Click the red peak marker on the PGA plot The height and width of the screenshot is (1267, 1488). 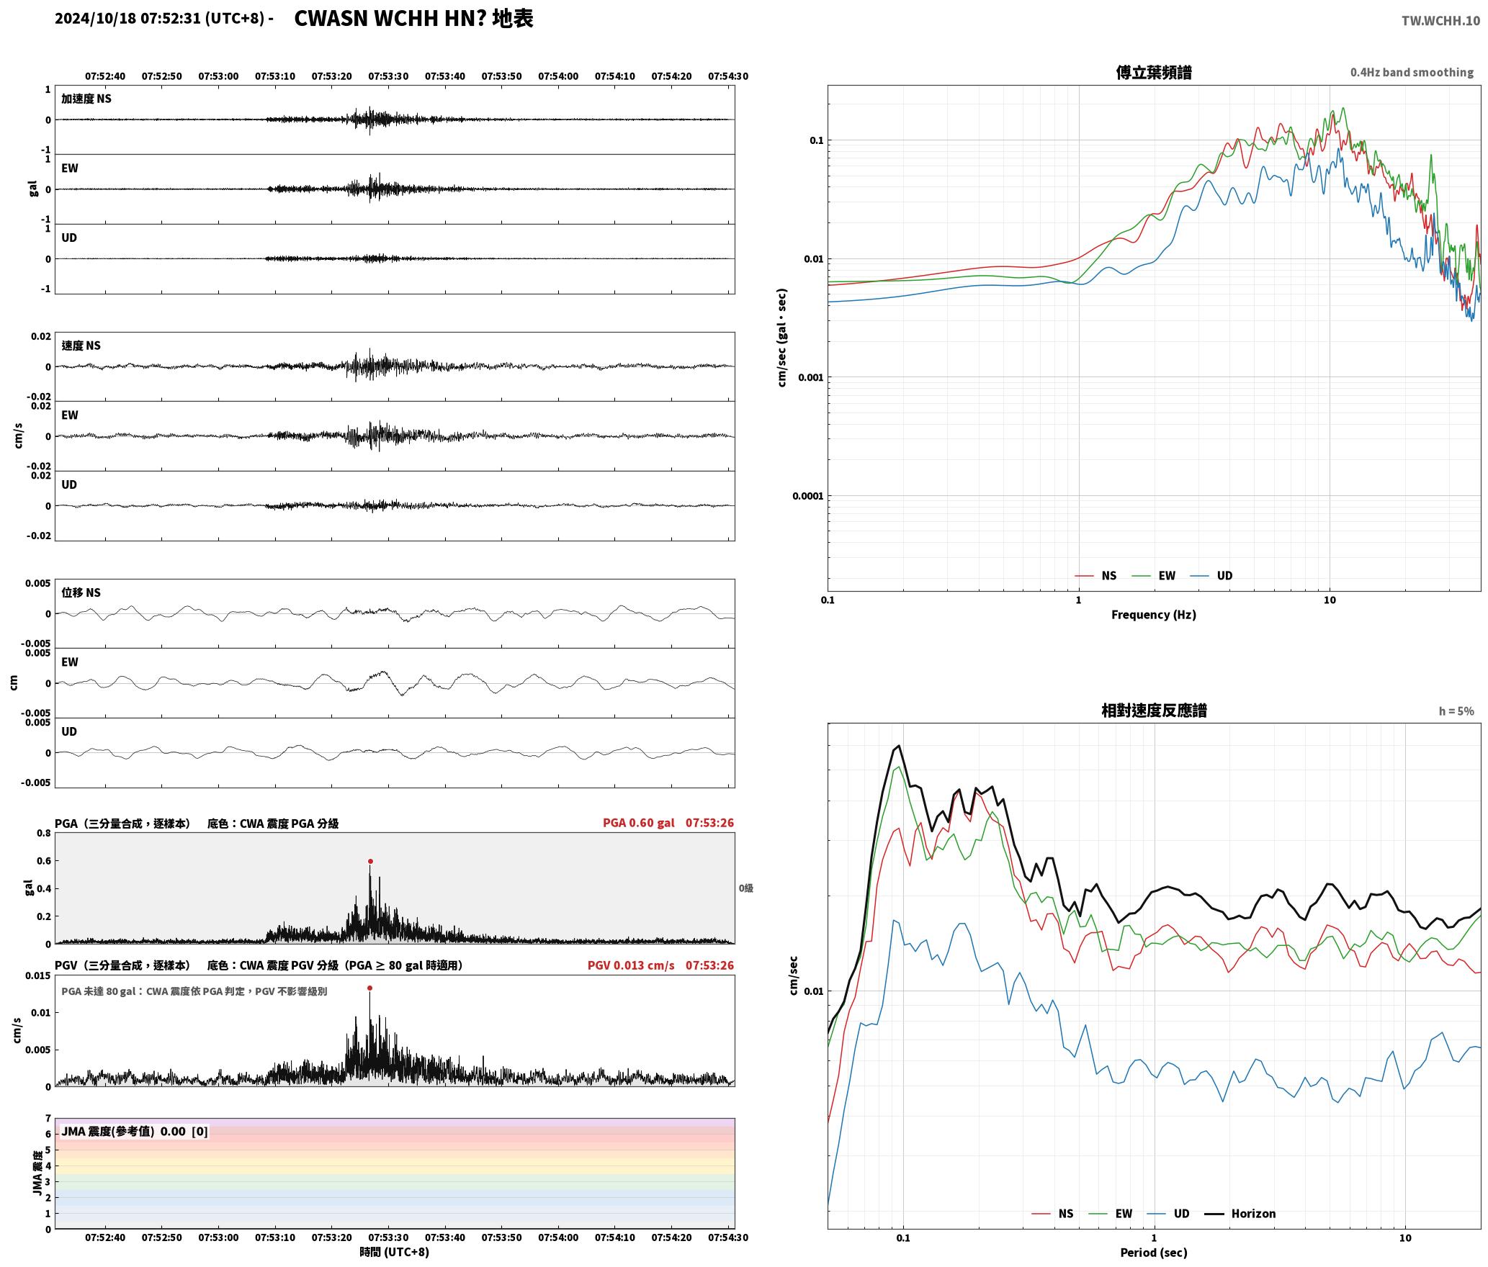click(370, 861)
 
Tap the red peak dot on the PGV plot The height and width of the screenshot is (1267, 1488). click(369, 988)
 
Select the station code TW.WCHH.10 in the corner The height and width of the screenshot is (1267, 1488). click(1440, 21)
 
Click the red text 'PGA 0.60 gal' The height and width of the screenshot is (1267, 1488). click(639, 823)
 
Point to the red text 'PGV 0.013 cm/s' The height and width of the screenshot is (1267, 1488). click(631, 965)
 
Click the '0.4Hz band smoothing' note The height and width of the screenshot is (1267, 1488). click(1412, 73)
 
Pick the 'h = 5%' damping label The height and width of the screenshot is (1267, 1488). click(1456, 711)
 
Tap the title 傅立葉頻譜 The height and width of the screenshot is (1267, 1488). click(1154, 73)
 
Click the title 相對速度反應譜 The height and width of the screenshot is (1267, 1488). click(1154, 711)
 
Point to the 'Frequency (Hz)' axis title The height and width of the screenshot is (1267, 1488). click(1154, 615)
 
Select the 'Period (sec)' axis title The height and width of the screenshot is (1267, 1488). click(1154, 1253)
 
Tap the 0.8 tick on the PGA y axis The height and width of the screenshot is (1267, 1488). click(43, 834)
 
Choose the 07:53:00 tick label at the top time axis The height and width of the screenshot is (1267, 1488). click(218, 76)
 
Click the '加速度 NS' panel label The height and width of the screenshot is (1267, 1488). click(86, 99)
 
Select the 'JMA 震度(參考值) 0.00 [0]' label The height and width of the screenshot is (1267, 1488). click(135, 1132)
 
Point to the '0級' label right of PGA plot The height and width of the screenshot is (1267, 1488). click(745, 888)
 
